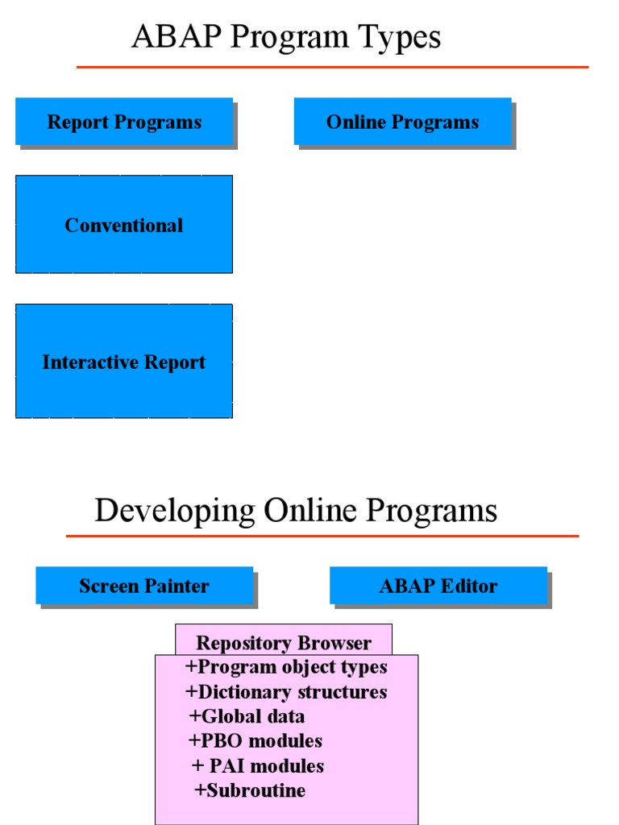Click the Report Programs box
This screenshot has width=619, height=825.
[124, 122]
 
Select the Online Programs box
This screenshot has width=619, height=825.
[402, 122]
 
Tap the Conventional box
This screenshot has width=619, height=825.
[124, 225]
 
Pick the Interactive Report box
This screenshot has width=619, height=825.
[124, 362]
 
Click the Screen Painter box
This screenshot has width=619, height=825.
[144, 586]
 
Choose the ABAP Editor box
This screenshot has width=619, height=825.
[438, 586]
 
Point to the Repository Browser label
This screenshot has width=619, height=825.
[284, 642]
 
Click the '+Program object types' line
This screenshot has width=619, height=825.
[286, 667]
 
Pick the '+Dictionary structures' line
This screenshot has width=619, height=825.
[286, 692]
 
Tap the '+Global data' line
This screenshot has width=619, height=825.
[247, 716]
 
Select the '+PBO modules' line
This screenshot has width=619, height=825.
[255, 740]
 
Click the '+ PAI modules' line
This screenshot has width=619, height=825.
[258, 765]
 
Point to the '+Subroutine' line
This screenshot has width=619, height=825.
[250, 790]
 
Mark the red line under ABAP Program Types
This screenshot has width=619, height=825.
[332, 67]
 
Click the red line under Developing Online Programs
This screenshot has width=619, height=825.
[322, 536]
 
